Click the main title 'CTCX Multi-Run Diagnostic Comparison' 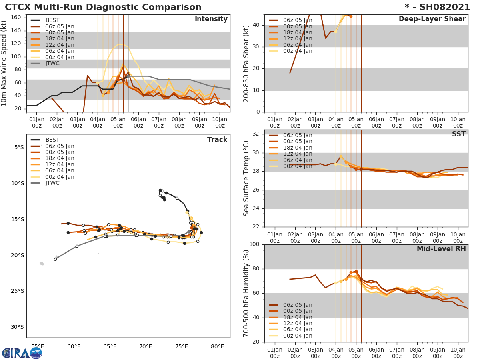point(103,7)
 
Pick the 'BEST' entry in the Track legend point(52,140)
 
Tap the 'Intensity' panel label point(211,19)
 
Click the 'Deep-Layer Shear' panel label point(432,19)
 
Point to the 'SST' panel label point(459,134)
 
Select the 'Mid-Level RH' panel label point(441,249)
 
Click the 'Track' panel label point(217,140)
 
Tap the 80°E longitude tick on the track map point(217,346)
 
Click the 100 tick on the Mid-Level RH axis point(254,244)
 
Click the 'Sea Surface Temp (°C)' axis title point(246,178)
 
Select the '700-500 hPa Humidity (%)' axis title point(246,293)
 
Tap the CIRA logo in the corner point(22,353)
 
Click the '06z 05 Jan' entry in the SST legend point(297,135)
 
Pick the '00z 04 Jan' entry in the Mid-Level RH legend point(297,336)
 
